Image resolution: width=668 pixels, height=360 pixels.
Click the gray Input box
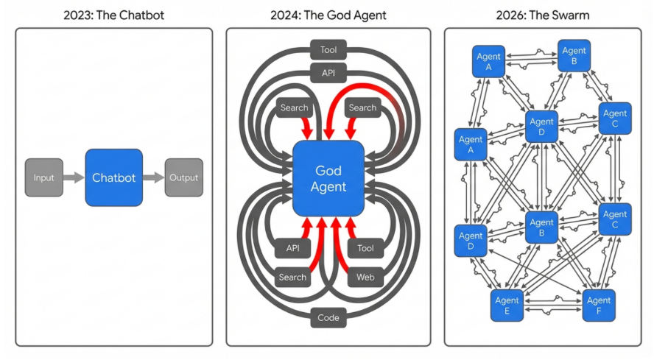pos(43,177)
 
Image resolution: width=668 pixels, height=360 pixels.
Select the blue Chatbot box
pos(113,177)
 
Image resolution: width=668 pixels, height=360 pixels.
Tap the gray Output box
pos(183,177)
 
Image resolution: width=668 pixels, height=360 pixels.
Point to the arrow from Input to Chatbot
pos(74,177)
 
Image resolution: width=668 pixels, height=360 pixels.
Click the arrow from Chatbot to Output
pos(153,177)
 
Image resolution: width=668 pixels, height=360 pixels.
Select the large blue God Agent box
pos(328,178)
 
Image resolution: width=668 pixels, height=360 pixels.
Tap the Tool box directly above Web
pos(365,248)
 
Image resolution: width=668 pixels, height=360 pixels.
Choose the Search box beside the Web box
pos(292,278)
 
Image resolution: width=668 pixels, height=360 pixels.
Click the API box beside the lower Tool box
pos(292,248)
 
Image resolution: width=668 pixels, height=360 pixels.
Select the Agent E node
pos(507,305)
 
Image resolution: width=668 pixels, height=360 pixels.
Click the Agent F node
pos(599,305)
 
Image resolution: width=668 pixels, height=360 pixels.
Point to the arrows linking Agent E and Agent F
pos(552,305)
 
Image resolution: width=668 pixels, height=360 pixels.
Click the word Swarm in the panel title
pos(577,13)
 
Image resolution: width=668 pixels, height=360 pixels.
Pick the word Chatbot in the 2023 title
pos(138,13)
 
